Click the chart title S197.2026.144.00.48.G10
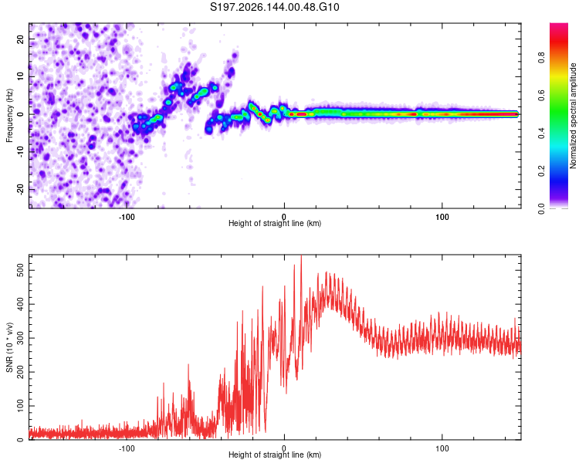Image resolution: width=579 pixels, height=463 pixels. tap(274, 7)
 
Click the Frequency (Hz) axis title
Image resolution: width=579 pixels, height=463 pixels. tap(9, 116)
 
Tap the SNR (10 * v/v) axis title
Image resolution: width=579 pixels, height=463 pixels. tap(9, 347)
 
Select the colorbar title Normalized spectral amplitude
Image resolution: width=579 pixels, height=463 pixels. tap(573, 116)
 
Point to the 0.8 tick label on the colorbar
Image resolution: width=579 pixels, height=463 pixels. tap(541, 58)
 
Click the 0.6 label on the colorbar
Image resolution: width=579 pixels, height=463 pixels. tap(541, 96)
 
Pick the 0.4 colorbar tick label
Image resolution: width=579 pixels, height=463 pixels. tap(541, 133)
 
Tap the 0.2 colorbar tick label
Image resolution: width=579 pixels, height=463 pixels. tap(541, 171)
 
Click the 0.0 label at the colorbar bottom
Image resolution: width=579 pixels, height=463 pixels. tap(541, 209)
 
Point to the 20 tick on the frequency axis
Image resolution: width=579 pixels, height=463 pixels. tap(21, 39)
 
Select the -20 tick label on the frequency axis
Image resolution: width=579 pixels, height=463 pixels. tap(21, 190)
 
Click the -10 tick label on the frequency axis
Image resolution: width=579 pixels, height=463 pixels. tap(21, 152)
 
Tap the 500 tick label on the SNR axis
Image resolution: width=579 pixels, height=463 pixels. tap(21, 270)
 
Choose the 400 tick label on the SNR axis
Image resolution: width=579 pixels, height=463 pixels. tap(21, 304)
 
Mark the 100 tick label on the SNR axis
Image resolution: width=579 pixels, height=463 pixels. tap(21, 406)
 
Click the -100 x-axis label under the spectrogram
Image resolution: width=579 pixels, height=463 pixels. tap(127, 217)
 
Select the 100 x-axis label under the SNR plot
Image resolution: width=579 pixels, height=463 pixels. tap(442, 448)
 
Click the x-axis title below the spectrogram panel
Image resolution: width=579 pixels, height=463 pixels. tap(275, 223)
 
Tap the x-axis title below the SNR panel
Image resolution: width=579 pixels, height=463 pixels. tap(275, 455)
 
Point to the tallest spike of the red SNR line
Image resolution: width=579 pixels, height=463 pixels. tap(301, 256)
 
